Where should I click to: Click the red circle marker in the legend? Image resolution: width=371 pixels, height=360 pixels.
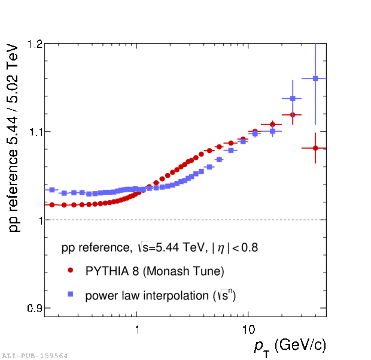pos(70,271)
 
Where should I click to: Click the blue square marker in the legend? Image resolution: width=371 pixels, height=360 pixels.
pos(70,294)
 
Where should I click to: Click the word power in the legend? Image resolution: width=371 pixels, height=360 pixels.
pos(99,295)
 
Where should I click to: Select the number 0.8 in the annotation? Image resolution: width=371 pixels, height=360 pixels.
pos(251,247)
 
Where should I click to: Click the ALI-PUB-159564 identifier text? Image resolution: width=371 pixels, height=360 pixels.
pos(35,355)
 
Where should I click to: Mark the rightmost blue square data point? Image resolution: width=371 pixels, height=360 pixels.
pos(315,78)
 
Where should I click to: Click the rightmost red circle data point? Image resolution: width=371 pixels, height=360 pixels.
pos(315,148)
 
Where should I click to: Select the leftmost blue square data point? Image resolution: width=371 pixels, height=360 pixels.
pos(52,190)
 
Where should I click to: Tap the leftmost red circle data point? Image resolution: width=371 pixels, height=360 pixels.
pos(52,205)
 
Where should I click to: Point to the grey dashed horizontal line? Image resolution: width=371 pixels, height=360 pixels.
pos(180,220)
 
